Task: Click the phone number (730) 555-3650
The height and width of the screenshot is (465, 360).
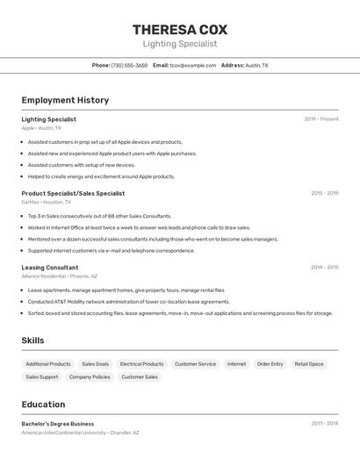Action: point(129,65)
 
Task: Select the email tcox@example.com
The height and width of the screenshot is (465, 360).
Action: point(193,65)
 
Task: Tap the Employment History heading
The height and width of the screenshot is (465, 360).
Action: point(65,100)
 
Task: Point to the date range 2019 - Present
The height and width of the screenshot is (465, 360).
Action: point(321,119)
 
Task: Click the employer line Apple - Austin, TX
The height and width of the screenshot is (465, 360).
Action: point(41,128)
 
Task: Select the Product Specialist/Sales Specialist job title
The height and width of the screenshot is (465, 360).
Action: point(73,193)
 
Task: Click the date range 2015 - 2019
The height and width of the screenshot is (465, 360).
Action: point(324,193)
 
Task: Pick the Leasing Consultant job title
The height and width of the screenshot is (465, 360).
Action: point(50,268)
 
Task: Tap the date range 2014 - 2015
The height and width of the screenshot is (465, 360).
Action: point(324,268)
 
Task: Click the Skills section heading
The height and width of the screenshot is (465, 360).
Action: point(32,340)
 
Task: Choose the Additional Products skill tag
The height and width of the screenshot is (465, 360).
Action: point(48,364)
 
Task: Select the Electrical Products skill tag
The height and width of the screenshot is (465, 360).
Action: point(141,364)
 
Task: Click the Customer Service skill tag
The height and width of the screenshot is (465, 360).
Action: point(195,364)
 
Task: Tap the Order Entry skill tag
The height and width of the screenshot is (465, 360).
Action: point(270,364)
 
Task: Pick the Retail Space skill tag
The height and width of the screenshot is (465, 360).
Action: point(309,364)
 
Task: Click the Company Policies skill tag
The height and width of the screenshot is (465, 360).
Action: point(90,377)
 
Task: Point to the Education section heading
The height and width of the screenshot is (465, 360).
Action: point(43,404)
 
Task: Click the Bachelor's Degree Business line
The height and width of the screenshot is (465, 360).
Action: point(58,424)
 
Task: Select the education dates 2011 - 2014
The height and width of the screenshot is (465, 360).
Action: point(325,424)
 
